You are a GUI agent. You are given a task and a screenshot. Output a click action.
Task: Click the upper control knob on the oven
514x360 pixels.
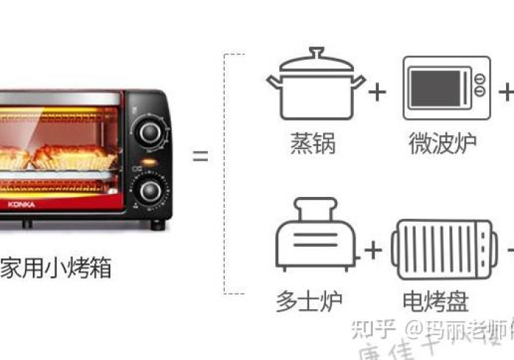pos(150,132)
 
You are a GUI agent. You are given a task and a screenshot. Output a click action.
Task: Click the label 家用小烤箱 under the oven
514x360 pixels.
pos(56,269)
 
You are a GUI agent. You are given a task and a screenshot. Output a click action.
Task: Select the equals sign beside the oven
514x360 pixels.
pos(200,156)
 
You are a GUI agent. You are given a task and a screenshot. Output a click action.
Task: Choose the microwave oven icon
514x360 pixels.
pos(446,87)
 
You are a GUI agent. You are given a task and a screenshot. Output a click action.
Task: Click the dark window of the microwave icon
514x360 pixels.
pos(437,88)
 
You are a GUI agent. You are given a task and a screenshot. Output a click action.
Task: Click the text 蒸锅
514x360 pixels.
pos(313,144)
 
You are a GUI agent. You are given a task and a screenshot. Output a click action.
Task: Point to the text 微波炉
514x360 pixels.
pos(442,144)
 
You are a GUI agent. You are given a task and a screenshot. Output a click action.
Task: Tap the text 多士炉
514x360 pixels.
pos(309,300)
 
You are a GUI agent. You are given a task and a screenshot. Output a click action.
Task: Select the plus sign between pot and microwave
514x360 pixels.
pos(376,92)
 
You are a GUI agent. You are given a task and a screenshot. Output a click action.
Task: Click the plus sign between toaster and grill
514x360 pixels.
pos(373,251)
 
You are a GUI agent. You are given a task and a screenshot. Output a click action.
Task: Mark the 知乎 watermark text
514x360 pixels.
pos(373,328)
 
